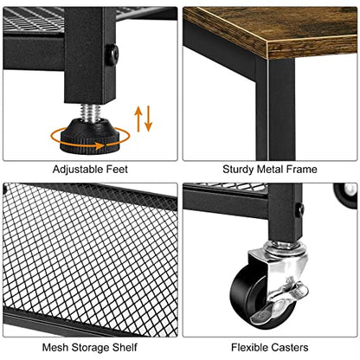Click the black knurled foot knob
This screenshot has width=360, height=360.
click(90, 136)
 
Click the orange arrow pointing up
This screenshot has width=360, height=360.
click(138, 119)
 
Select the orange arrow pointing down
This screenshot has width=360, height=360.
click(148, 119)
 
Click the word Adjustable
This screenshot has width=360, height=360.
click(78, 170)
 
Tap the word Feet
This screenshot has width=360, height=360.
click(117, 169)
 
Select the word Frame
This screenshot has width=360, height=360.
click(302, 169)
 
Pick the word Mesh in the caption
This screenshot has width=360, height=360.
click(55, 347)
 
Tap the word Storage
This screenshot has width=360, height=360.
click(92, 348)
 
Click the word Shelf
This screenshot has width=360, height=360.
click(125, 347)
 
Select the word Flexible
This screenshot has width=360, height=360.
click(250, 347)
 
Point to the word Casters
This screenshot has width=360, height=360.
click(290, 347)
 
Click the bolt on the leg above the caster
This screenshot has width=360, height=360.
click(301, 209)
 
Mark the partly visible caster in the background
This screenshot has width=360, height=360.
click(345, 193)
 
